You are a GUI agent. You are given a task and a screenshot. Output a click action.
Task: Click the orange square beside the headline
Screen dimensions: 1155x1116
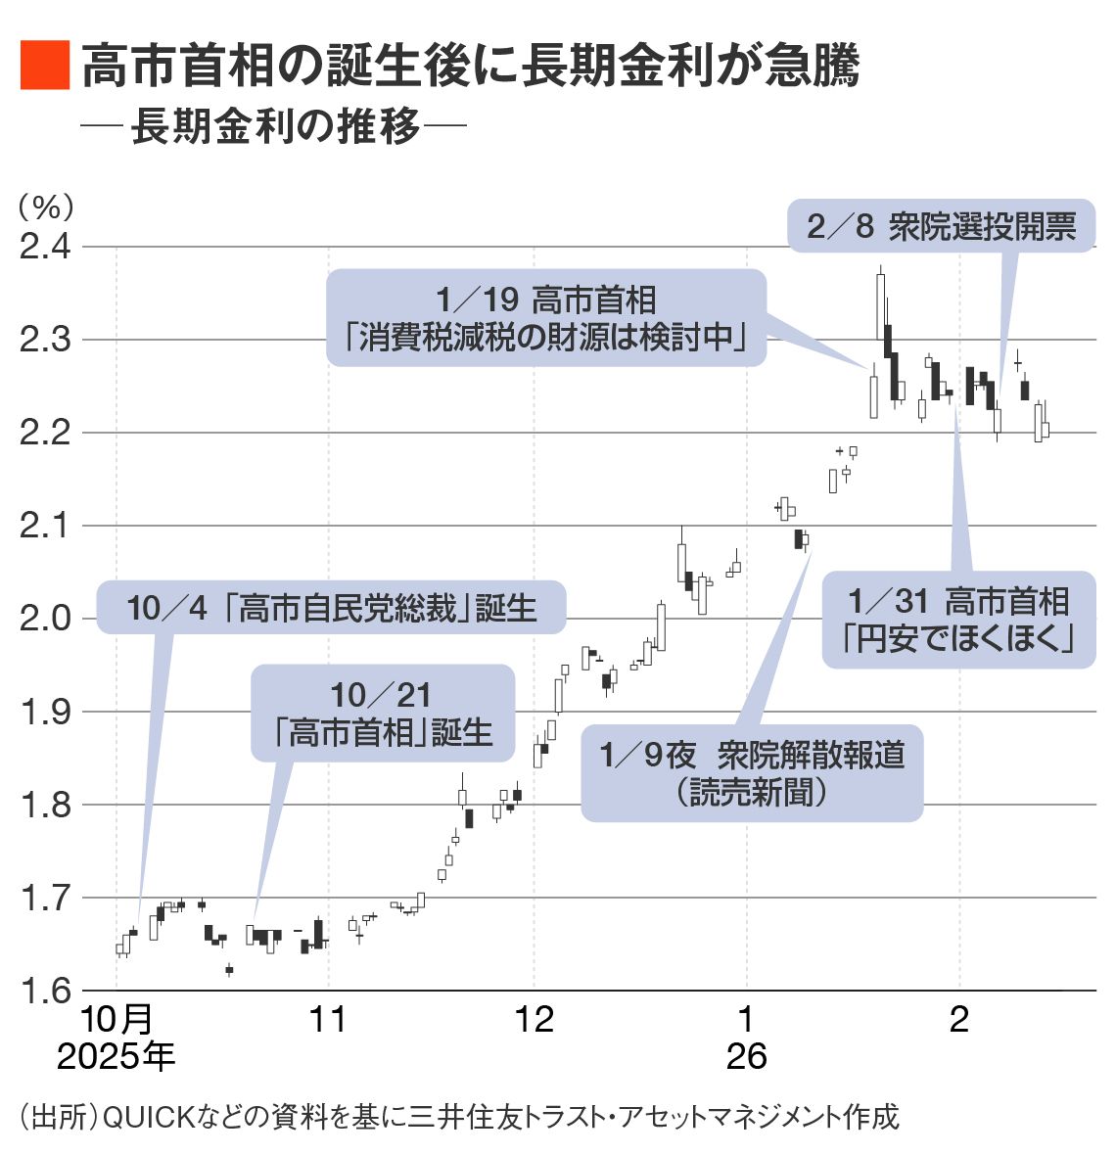[x=44, y=67]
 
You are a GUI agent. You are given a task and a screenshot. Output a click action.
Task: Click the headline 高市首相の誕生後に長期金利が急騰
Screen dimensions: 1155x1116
[x=470, y=67]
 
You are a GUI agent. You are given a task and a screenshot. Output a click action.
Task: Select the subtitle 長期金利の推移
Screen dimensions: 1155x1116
[x=276, y=126]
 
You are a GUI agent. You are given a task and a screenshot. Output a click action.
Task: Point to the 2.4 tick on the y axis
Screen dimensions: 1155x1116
[x=46, y=247]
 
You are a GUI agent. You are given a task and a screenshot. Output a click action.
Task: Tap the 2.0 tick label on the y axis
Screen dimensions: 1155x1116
[x=46, y=619]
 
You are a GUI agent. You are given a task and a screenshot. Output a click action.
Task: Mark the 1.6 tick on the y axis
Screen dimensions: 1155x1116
[x=46, y=991]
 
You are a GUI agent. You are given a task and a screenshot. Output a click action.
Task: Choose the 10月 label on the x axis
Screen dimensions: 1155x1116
[x=116, y=1019]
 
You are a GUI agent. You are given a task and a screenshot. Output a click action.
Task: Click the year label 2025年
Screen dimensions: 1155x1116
[x=116, y=1056]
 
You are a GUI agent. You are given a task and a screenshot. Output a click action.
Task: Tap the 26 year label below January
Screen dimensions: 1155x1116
[x=746, y=1056]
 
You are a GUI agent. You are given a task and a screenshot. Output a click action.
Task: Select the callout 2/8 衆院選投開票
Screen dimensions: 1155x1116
[x=941, y=227]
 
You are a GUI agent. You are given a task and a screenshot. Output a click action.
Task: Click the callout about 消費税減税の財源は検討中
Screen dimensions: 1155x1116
[x=545, y=318]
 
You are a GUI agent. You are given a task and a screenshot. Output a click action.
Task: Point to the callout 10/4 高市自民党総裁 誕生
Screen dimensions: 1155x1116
[x=332, y=608]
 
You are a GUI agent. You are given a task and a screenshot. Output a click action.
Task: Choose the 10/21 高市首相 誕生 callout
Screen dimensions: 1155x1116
[x=383, y=713]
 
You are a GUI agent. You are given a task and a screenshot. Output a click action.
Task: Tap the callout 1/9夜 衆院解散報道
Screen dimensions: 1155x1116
[x=752, y=772]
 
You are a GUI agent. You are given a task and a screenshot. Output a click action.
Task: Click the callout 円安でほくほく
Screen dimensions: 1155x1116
[x=958, y=620]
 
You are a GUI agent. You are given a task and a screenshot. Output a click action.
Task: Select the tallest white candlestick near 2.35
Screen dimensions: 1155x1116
[x=880, y=306]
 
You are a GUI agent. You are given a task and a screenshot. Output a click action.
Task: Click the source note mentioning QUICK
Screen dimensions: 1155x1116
[x=458, y=1117]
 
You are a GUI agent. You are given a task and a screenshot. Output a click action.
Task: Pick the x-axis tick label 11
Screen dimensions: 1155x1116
[x=328, y=1019]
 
